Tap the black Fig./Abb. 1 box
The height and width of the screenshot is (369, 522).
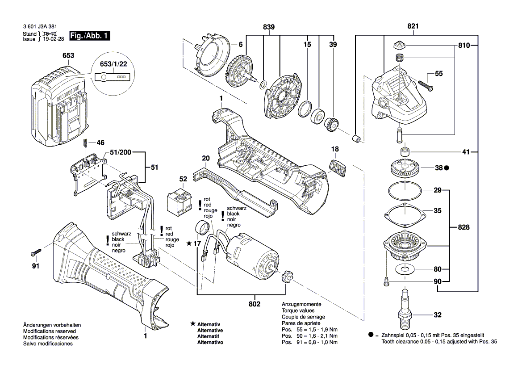[x=89, y=36]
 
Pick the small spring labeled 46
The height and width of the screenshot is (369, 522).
[x=84, y=143]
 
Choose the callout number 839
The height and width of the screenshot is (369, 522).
[x=268, y=28]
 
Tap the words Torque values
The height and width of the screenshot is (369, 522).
[x=298, y=310]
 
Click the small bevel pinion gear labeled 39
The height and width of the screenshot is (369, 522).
[x=330, y=122]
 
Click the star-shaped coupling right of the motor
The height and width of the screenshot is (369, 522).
[x=286, y=277]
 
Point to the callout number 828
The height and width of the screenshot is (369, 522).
[x=464, y=227]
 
